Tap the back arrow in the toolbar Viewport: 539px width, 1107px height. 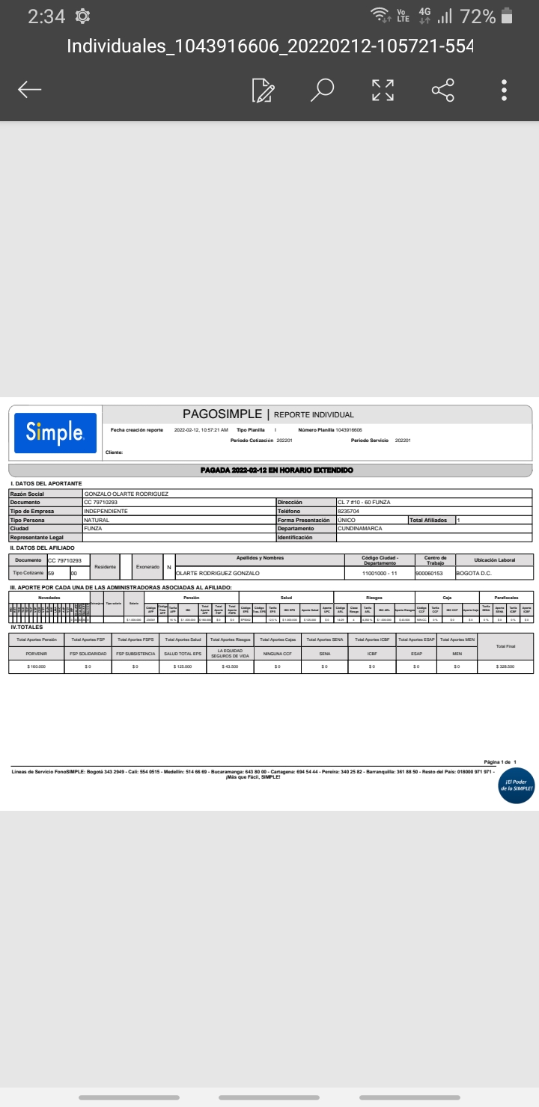(x=30, y=91)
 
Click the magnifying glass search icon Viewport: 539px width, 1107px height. (x=323, y=90)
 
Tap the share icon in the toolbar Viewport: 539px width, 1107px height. (x=443, y=90)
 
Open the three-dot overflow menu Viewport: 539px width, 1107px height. (x=505, y=90)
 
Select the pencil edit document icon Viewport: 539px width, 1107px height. (x=263, y=90)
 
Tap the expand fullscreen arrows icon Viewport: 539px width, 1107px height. (x=383, y=90)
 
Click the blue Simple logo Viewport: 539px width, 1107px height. (x=55, y=432)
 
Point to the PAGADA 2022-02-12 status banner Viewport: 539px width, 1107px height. (x=277, y=470)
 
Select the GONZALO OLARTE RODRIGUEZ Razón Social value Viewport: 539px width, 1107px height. (x=127, y=494)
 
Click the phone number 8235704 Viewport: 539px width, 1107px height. (x=349, y=511)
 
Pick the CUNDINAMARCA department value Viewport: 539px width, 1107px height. (x=360, y=528)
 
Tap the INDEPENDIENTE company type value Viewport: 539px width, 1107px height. (x=106, y=511)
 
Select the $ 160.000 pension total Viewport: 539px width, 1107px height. (x=36, y=666)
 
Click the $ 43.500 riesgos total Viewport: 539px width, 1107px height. (x=230, y=666)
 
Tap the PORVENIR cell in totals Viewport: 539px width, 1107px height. (x=36, y=654)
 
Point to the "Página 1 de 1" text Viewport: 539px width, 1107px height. (x=500, y=761)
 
